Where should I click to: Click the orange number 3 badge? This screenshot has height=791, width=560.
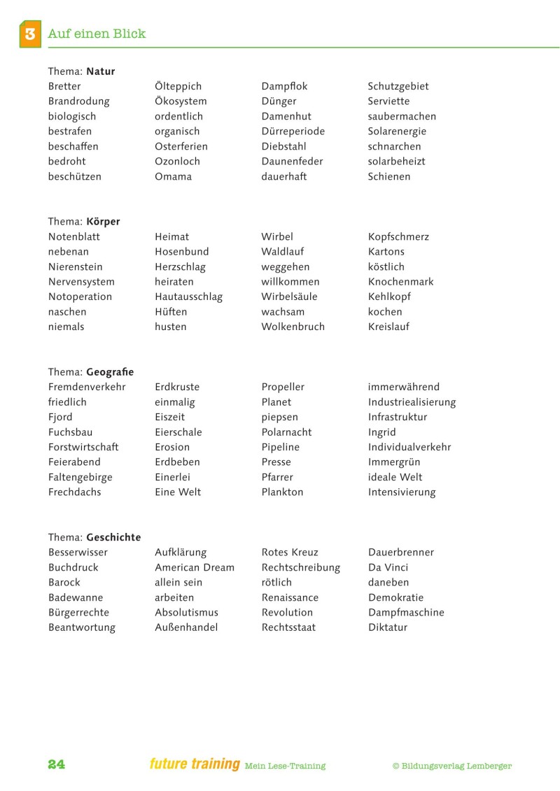(30, 34)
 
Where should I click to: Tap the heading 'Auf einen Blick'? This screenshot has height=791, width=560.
(97, 34)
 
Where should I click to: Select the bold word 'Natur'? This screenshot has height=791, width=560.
(101, 71)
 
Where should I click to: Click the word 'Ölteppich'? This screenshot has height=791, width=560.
(178, 86)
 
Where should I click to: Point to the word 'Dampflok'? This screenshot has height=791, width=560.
(284, 86)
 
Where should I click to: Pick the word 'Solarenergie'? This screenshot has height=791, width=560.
(397, 131)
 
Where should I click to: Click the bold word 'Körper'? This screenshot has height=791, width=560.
(103, 222)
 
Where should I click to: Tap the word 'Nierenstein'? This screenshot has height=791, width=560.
(76, 266)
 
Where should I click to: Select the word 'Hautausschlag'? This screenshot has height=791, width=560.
(188, 297)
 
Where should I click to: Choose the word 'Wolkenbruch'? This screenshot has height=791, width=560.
(293, 327)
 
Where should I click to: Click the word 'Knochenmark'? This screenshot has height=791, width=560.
(400, 282)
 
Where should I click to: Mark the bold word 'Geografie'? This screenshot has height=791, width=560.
(110, 372)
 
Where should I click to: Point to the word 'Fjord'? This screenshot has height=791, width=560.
(60, 417)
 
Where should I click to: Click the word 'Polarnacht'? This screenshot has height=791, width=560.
(286, 432)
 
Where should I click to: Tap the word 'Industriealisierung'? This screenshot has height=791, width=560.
(412, 402)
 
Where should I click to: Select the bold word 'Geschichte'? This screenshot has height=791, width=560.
(113, 537)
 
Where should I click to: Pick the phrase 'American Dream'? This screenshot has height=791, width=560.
(195, 567)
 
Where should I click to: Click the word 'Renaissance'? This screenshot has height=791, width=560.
(290, 597)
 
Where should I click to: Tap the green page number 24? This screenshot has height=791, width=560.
(57, 764)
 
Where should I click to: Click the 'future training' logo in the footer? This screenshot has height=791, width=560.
(195, 764)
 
